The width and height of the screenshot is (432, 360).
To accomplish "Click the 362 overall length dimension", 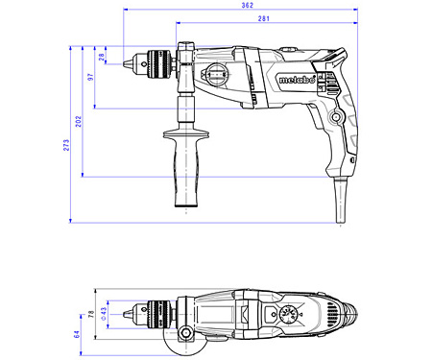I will (248, 7).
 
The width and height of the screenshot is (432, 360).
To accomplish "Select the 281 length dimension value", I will (262, 19).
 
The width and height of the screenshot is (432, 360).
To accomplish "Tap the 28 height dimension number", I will (103, 56).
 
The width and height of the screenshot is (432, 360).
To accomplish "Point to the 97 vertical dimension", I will (90, 76).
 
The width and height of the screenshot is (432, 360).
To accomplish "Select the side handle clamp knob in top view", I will (183, 337).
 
